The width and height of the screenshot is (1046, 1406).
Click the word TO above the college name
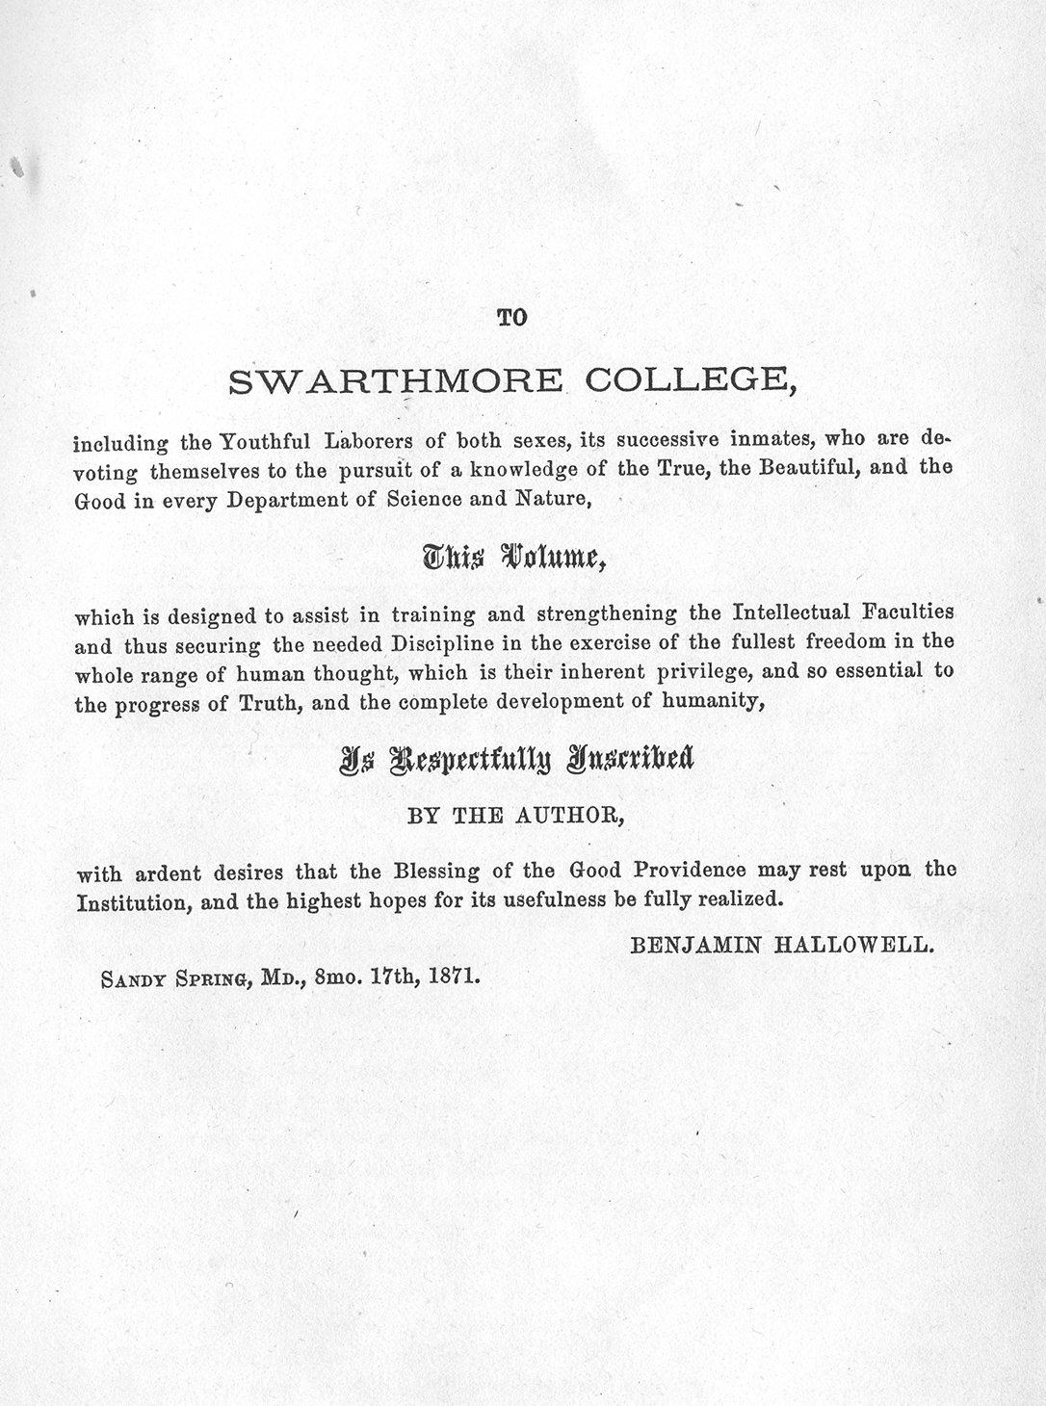pyautogui.click(x=512, y=317)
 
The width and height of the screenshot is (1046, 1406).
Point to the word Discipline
pyautogui.click(x=443, y=642)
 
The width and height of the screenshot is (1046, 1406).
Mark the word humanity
pyautogui.click(x=713, y=701)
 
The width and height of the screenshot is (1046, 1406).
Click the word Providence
pyautogui.click(x=689, y=870)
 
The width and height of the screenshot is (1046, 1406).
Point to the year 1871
pyautogui.click(x=455, y=975)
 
